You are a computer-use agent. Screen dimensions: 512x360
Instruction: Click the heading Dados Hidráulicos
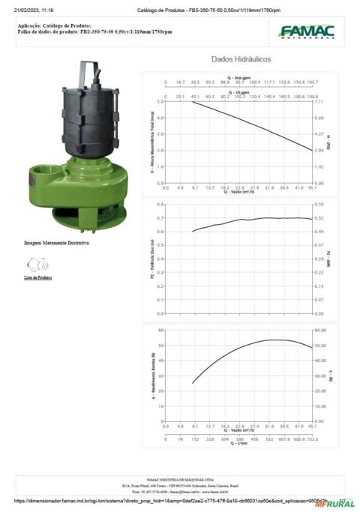tap(241, 58)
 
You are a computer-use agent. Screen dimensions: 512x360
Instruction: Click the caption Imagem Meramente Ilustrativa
tap(56, 244)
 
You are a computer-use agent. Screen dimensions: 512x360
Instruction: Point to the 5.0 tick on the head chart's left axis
tap(160, 100)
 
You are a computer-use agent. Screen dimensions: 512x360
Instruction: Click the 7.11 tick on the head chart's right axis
tap(320, 100)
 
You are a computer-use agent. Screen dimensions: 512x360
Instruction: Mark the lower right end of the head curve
tap(313, 150)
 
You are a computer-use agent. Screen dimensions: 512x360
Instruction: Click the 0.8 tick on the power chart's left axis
tap(160, 204)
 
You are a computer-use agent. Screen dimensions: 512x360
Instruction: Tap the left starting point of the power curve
tap(193, 232)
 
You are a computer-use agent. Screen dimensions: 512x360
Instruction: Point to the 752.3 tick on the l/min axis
tap(313, 439)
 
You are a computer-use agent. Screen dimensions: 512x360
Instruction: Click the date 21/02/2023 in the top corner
tap(28, 10)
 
